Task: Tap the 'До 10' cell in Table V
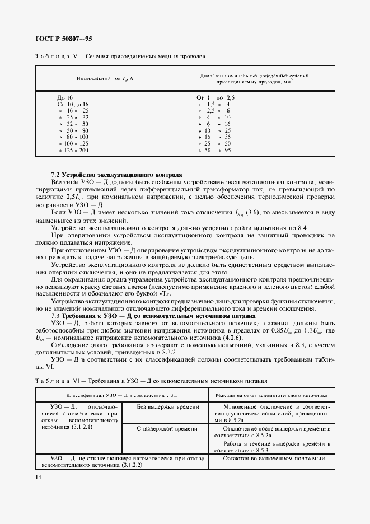click(65, 98)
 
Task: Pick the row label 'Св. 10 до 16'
click(73, 105)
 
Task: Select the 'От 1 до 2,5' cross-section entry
click(215, 98)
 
